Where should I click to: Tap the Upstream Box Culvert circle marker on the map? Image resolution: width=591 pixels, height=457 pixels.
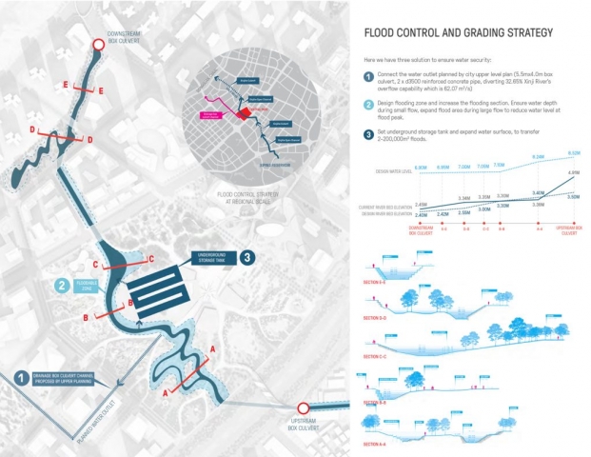[x=305, y=407]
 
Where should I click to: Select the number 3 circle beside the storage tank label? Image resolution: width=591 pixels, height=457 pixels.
[x=246, y=257]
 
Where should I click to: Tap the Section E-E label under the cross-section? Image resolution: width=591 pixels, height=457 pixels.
[x=377, y=283]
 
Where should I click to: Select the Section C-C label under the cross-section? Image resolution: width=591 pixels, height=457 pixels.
[x=377, y=360]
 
